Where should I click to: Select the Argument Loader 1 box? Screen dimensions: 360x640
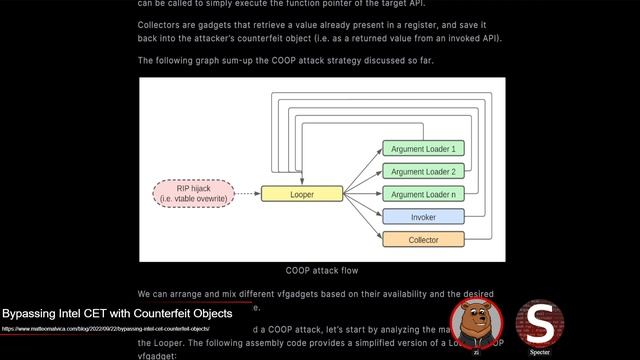[x=423, y=149]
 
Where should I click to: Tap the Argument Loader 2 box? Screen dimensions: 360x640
[x=423, y=172]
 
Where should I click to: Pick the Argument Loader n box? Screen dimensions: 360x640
[x=423, y=194]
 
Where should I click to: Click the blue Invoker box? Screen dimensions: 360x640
[x=423, y=217]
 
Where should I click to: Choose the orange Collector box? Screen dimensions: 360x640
[x=423, y=240]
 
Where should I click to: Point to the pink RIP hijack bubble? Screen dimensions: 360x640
[x=193, y=193]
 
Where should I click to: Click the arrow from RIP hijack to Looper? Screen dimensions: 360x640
[x=247, y=193]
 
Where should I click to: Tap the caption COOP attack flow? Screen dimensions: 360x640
[x=322, y=270]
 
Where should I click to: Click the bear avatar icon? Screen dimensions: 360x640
[x=476, y=322]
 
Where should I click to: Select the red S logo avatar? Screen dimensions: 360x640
[x=540, y=321]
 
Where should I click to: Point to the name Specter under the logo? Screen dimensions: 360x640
[x=540, y=352]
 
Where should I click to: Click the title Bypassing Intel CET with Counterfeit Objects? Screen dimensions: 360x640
[x=117, y=313]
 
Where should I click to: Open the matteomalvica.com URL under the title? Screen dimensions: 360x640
[x=105, y=328]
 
